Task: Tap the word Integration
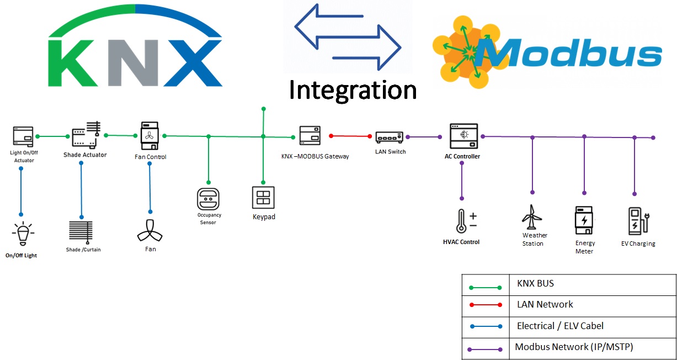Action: coord(353,90)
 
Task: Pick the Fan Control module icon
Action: coord(150,136)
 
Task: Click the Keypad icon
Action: coord(263,198)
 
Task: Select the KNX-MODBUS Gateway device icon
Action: coord(310,136)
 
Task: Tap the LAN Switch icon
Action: coord(390,137)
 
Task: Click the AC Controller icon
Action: coord(463,136)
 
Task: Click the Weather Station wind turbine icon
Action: coord(531,216)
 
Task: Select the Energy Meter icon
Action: coord(584,221)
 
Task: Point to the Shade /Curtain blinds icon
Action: coord(81,232)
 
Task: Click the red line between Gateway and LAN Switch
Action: coord(351,136)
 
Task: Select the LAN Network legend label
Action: coord(545,304)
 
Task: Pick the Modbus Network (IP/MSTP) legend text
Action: coord(574,347)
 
